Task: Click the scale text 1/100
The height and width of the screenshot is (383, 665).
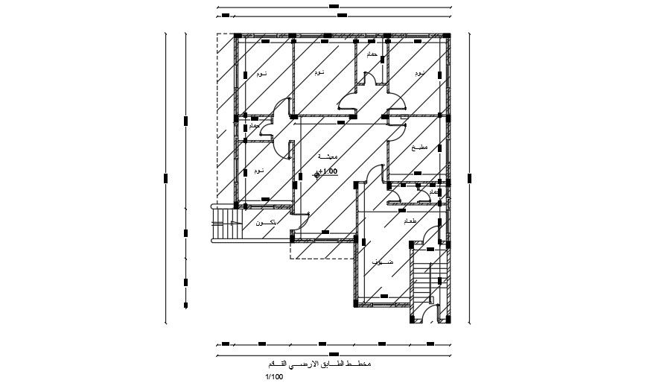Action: [274, 376]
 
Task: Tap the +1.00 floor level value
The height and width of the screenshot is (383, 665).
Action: [328, 172]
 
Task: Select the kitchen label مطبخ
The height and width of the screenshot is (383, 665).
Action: [419, 148]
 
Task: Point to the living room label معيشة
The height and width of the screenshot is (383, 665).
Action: [328, 157]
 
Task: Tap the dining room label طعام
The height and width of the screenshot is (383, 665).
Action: [410, 222]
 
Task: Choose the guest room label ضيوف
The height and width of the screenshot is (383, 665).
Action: [382, 262]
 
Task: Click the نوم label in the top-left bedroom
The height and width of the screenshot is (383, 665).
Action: [261, 75]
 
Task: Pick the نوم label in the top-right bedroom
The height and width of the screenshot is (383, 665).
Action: [420, 73]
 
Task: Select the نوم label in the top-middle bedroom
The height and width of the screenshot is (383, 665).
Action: [319, 72]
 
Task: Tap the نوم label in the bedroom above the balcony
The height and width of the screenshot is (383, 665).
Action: [258, 171]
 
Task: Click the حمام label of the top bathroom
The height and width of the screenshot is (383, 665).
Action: [370, 55]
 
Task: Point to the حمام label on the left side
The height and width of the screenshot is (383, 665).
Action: [253, 127]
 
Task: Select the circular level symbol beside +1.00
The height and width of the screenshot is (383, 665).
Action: [318, 174]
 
